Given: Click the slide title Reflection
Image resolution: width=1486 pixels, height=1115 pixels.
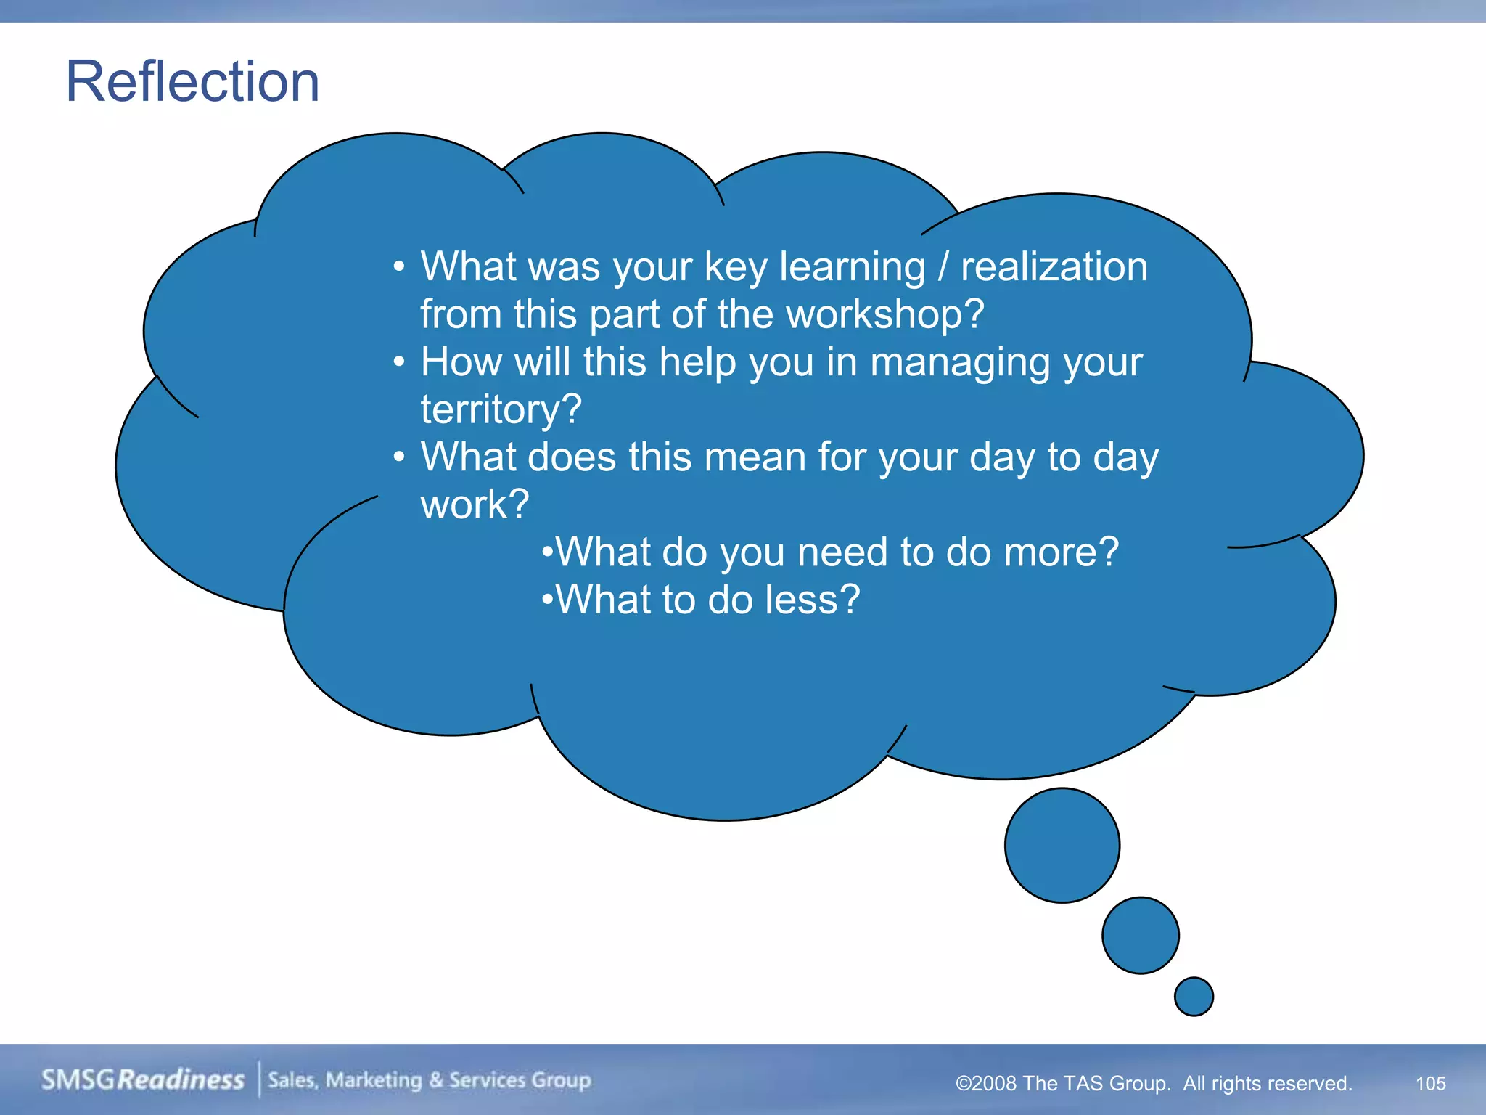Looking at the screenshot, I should click(x=192, y=81).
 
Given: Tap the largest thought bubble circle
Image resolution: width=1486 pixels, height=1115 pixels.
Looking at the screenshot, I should click(x=1062, y=846).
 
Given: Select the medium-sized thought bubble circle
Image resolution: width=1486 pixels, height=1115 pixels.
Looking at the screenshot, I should click(x=1140, y=935).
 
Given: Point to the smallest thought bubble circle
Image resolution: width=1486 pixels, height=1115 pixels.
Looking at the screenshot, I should click(x=1194, y=996).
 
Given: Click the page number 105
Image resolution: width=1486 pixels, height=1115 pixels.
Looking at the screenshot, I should click(x=1430, y=1083).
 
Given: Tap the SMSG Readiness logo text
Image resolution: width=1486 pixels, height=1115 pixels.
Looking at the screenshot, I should click(x=142, y=1079).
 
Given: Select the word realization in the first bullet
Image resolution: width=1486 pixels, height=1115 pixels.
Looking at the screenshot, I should click(x=1054, y=266).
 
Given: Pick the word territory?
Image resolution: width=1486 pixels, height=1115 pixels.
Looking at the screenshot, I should click(x=501, y=409).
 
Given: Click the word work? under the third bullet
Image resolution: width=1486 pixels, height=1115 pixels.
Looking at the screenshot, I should click(x=475, y=505).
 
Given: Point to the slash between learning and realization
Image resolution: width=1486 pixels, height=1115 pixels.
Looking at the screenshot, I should click(x=943, y=266).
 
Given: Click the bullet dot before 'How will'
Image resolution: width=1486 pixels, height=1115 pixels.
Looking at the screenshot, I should click(x=398, y=362).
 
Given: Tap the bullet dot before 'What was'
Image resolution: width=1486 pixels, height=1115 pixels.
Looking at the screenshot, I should click(x=398, y=266).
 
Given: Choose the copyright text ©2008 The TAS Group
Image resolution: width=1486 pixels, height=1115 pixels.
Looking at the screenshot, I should click(x=1062, y=1083).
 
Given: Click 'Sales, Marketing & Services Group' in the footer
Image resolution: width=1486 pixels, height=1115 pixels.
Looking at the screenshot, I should click(x=429, y=1079).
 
